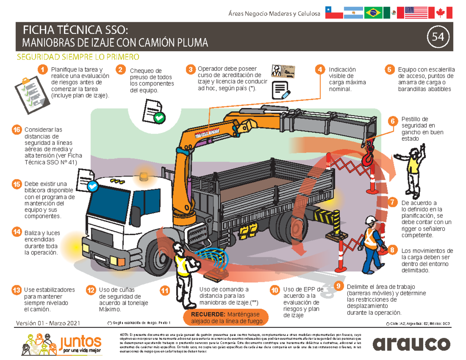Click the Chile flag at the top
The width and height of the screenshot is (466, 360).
334,13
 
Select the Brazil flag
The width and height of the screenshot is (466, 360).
373,13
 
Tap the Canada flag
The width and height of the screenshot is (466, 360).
440,13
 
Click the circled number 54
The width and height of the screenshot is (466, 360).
438,37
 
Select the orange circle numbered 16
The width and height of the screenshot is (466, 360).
16,130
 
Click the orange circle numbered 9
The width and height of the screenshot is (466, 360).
339,286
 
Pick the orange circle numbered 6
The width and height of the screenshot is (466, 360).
393,121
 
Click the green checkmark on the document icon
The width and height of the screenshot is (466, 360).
159,117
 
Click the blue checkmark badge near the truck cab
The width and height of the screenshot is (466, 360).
92,186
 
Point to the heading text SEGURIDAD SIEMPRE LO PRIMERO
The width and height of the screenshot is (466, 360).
78,57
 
